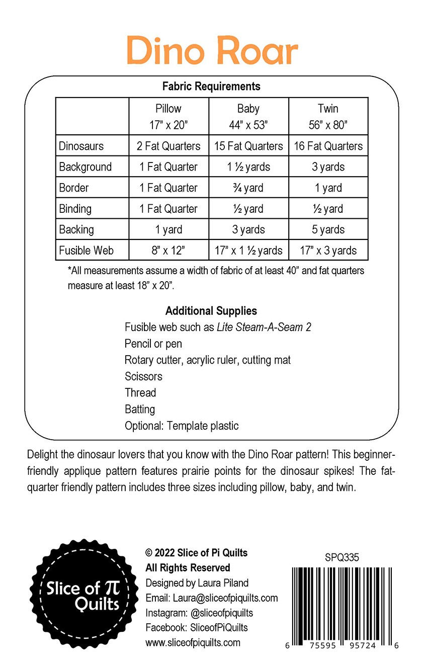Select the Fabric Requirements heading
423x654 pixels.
pos(211,86)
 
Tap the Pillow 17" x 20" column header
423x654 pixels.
pos(168,116)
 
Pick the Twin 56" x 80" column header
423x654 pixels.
pos(328,116)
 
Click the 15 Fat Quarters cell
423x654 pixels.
pos(248,146)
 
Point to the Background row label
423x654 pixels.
pos(86,167)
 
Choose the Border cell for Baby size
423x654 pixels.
pos(248,188)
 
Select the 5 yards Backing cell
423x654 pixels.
pos(328,229)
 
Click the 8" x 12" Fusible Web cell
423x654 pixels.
pos(168,251)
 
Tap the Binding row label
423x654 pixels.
pos(75,209)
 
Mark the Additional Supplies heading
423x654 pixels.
pos(211,310)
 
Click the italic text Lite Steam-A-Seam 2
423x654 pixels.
pos(264,327)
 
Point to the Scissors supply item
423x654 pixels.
pos(143,376)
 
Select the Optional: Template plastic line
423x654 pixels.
pos(182,426)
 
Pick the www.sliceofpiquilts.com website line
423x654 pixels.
pos(193,642)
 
